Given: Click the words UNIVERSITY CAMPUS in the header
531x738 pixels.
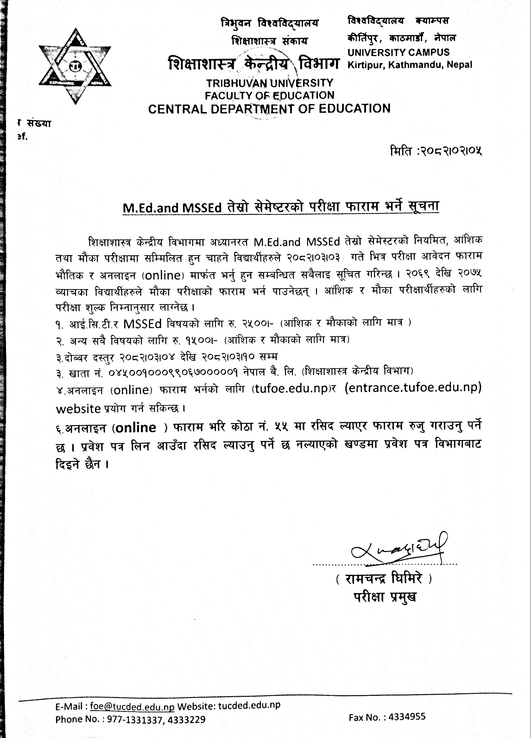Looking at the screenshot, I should [x=398, y=52].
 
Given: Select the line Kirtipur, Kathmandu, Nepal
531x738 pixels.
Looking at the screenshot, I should [x=409, y=65].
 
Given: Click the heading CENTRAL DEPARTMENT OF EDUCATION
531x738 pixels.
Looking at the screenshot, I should [x=269, y=108].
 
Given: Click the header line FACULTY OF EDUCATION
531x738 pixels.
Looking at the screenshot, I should [x=269, y=95].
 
